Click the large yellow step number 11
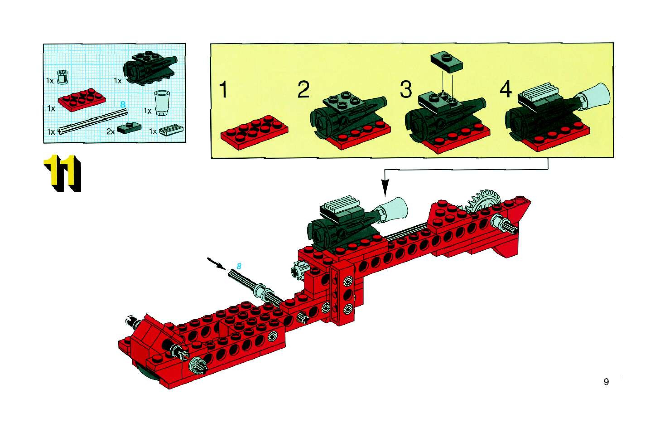pyautogui.click(x=63, y=173)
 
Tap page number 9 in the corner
pyautogui.click(x=606, y=382)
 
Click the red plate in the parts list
pyautogui.click(x=82, y=100)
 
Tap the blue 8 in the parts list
pyautogui.click(x=123, y=104)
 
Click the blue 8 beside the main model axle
pyautogui.click(x=239, y=266)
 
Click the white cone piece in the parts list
pyautogui.click(x=162, y=103)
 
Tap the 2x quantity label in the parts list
pyautogui.click(x=110, y=132)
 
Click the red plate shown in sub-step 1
pyautogui.click(x=254, y=132)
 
